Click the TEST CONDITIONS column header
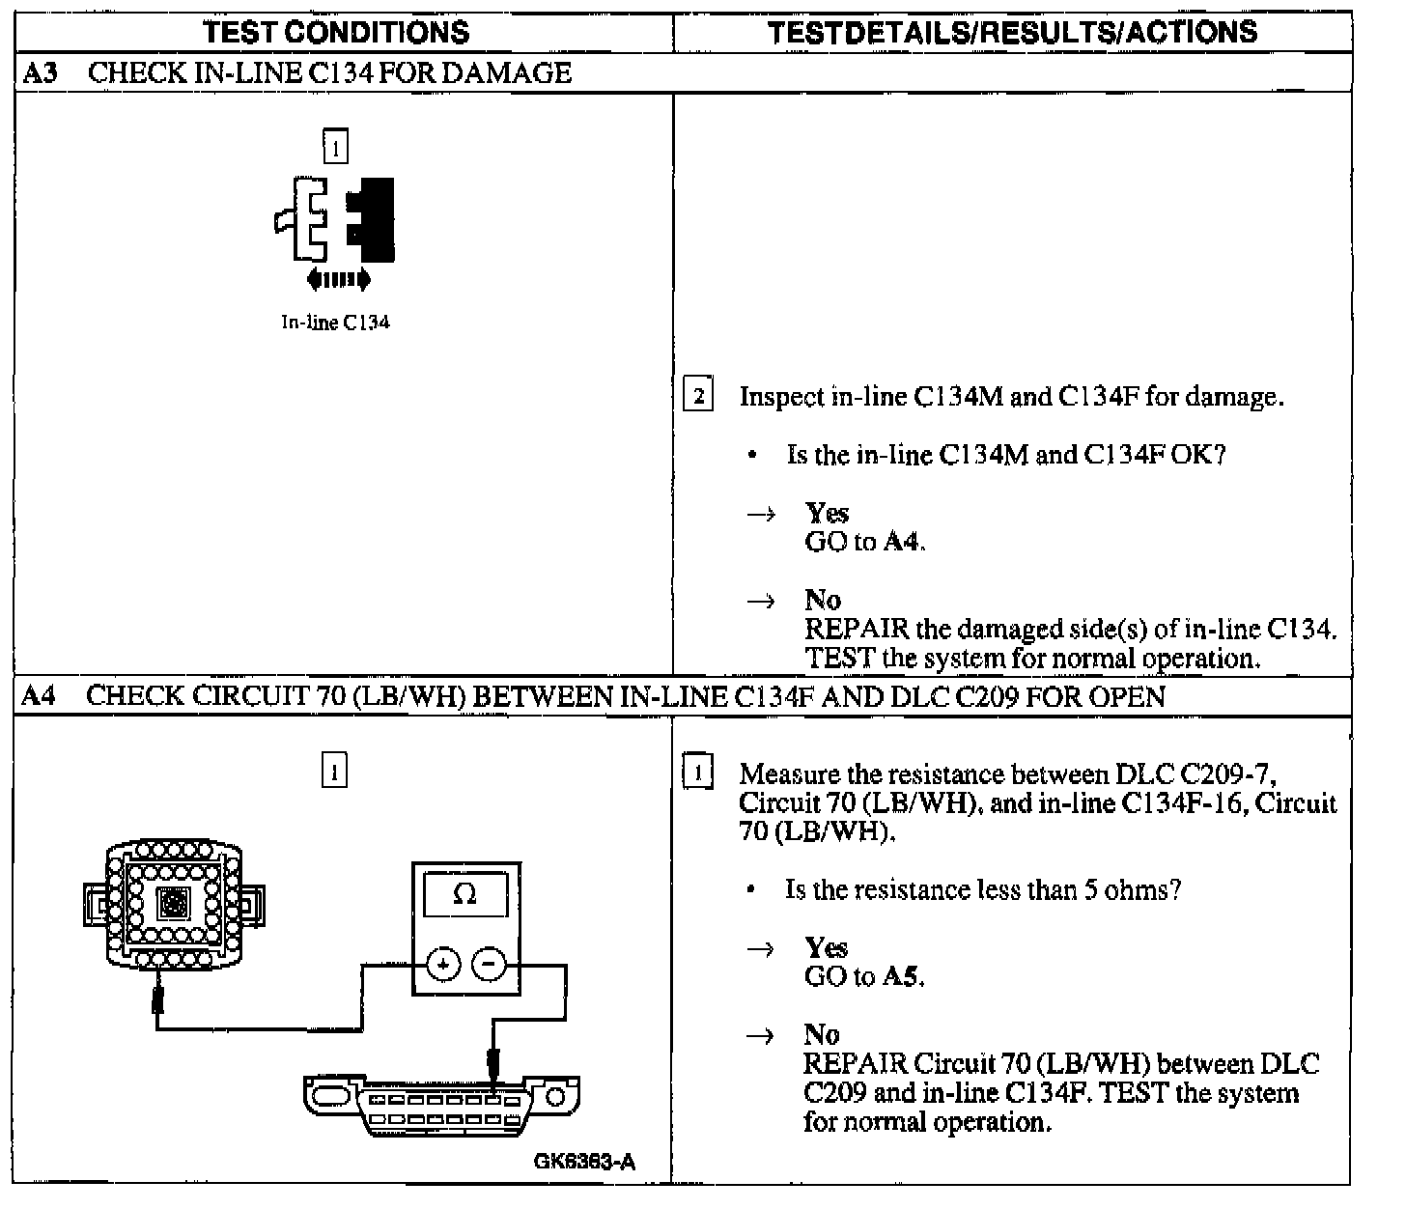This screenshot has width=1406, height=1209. pyautogui.click(x=337, y=32)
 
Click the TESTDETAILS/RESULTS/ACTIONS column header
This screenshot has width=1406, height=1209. pyautogui.click(x=1013, y=32)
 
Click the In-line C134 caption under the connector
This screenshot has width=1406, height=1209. pyautogui.click(x=335, y=323)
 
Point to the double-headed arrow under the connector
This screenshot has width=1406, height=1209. pyautogui.click(x=337, y=280)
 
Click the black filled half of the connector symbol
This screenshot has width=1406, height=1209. pyautogui.click(x=373, y=219)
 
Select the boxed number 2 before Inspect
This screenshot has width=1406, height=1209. pyautogui.click(x=698, y=396)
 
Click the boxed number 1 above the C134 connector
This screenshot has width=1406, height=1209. pyautogui.click(x=335, y=147)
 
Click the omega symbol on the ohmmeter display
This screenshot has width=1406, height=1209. pyautogui.click(x=464, y=895)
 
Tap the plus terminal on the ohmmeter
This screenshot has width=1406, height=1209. pyautogui.click(x=443, y=965)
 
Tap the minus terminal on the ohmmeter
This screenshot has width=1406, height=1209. pyautogui.click(x=489, y=965)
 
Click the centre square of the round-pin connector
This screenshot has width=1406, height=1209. pyautogui.click(x=174, y=904)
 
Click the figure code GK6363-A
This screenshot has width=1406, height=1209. pyautogui.click(x=584, y=1162)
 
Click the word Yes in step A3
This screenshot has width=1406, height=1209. pyautogui.click(x=827, y=513)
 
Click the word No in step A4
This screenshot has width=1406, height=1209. pyautogui.click(x=822, y=1034)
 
